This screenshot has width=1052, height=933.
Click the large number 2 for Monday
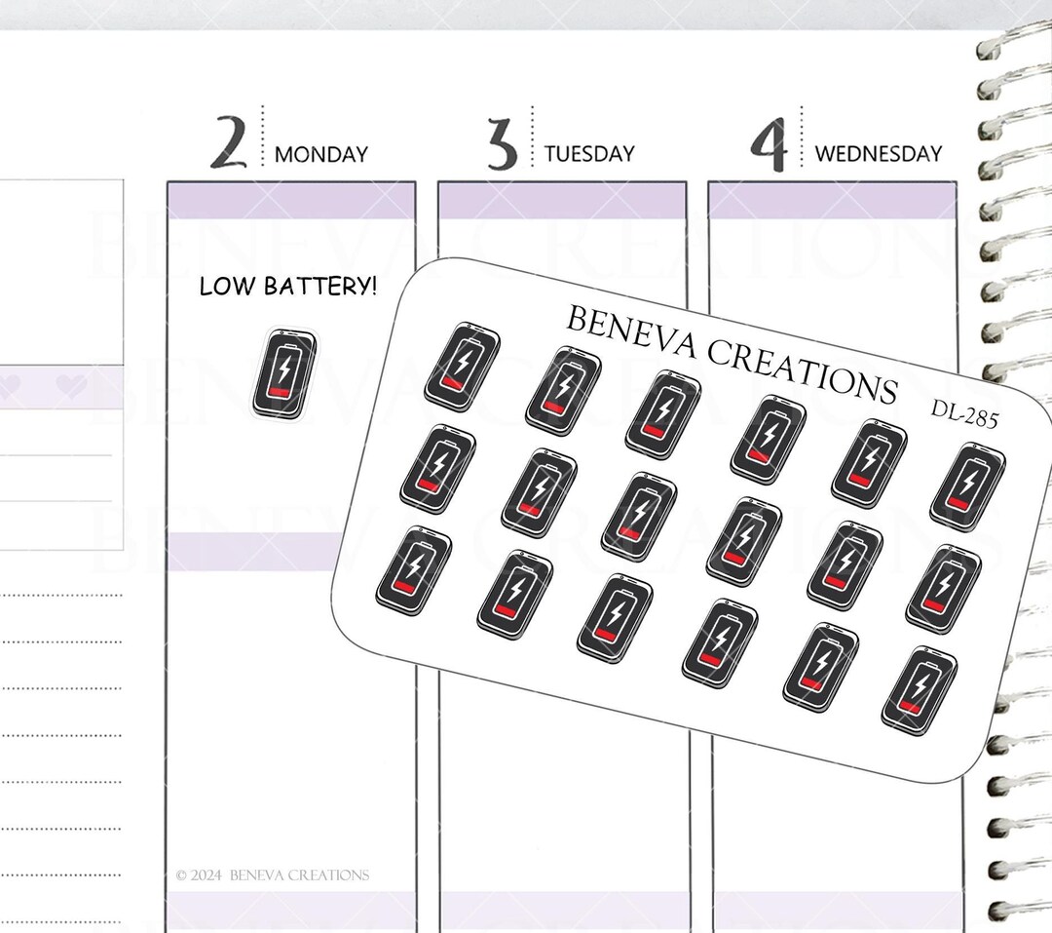(x=228, y=142)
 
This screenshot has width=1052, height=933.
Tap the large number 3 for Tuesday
(x=502, y=143)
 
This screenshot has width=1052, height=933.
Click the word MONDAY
(x=321, y=154)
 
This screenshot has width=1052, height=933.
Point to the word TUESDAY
(x=589, y=154)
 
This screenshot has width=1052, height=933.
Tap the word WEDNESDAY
(x=879, y=154)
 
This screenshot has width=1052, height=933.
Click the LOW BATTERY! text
(x=288, y=287)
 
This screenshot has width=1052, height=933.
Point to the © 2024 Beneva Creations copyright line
(x=273, y=875)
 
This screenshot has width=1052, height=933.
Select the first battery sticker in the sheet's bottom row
(x=413, y=571)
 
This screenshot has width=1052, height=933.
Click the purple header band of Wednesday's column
(x=832, y=201)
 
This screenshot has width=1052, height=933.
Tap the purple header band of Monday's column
(x=290, y=201)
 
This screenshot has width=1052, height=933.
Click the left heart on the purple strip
(x=11, y=386)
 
